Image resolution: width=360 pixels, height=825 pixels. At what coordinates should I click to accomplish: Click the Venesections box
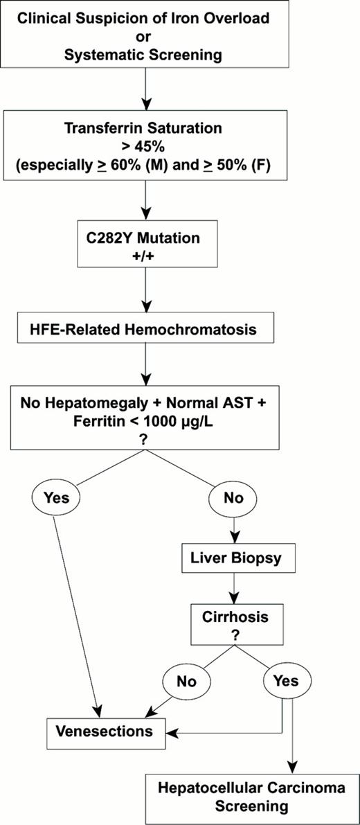(x=106, y=730)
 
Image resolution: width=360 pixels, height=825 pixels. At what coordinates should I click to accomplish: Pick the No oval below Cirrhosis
(x=188, y=681)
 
